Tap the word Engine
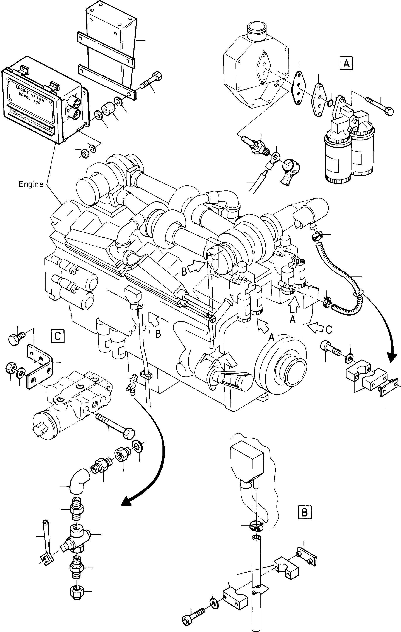point(31,184)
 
